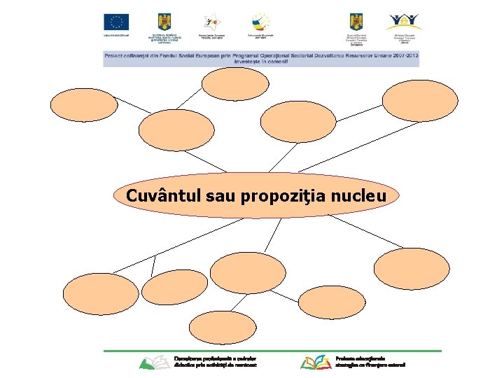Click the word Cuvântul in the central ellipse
[164, 196]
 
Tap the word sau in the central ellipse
[221, 196]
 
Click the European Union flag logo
[116, 22]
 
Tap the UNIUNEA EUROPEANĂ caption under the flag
[116, 34]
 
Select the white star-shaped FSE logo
[210, 21]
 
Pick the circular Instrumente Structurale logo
[260, 20]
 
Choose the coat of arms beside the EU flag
[165, 21]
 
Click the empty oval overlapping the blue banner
[234, 84]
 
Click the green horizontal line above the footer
[272, 351]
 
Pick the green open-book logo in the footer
[154, 362]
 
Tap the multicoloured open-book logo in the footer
[317, 362]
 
